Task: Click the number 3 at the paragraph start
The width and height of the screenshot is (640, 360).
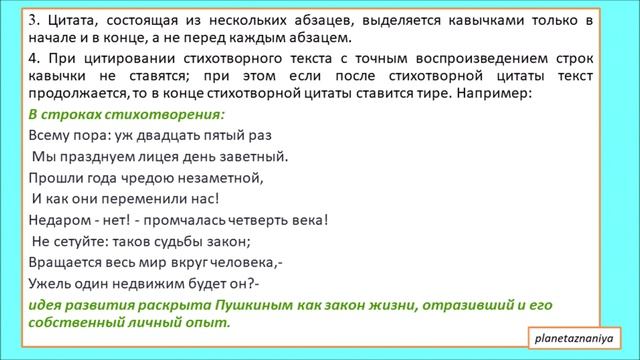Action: pos(34,19)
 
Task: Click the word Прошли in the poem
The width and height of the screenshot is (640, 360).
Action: pos(54,178)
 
